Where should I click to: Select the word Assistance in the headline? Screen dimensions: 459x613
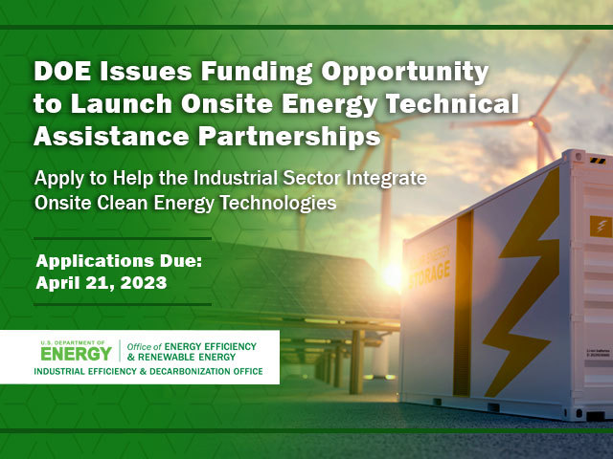(x=104, y=136)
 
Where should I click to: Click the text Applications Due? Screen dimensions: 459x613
(x=114, y=261)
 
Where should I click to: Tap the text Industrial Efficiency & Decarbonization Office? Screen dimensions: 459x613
(x=148, y=371)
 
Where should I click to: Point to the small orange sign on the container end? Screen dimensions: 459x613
(x=601, y=226)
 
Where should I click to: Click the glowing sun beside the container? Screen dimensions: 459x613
(x=393, y=274)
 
